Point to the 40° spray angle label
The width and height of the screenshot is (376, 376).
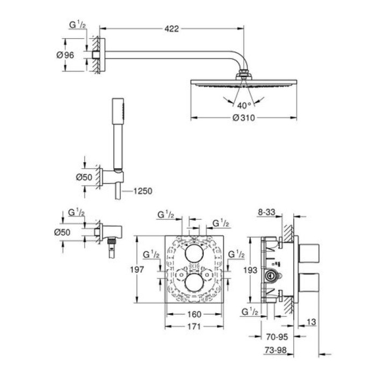(244, 106)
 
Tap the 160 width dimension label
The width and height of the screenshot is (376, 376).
(194, 315)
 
